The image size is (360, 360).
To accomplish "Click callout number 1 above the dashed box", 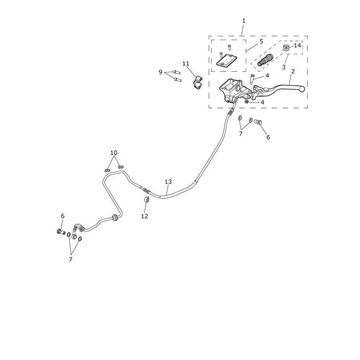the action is [x=244, y=21].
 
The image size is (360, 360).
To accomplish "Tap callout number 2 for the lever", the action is [x=293, y=72].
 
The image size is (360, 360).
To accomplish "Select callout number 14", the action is [x=297, y=45].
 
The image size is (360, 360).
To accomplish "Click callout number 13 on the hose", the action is [x=168, y=182].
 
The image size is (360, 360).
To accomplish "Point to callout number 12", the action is [x=144, y=216].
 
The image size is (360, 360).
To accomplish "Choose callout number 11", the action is [x=186, y=63].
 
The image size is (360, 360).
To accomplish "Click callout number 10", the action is [x=114, y=153].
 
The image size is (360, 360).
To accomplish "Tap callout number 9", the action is [x=161, y=72].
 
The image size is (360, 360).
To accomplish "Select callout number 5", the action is [x=261, y=41].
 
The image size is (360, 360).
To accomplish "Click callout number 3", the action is [x=284, y=67].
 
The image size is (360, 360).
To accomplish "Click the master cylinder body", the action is [x=231, y=90].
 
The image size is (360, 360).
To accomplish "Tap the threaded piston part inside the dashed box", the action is [x=265, y=60].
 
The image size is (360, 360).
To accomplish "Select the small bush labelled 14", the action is [x=285, y=48].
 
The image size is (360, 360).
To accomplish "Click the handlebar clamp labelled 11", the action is [x=197, y=83].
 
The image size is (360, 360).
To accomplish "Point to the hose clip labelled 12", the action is [x=147, y=199].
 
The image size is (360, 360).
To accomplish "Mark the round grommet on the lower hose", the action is [x=114, y=217].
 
